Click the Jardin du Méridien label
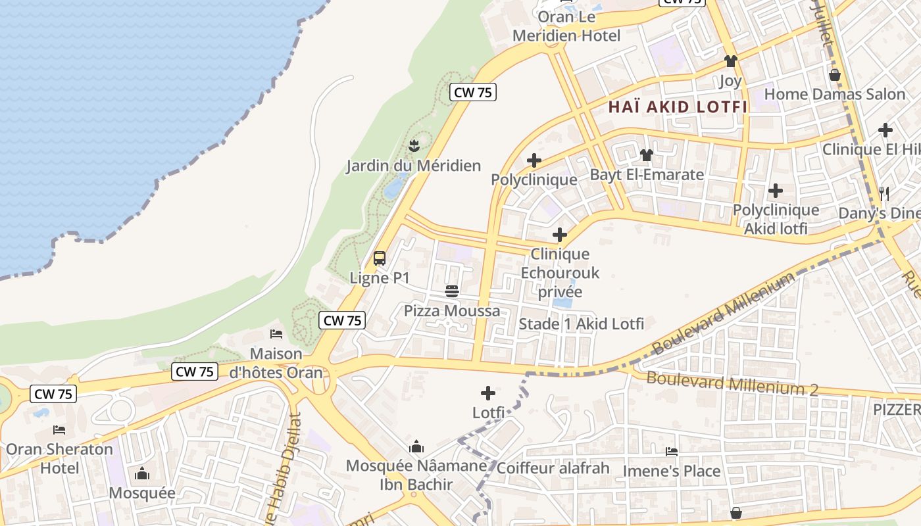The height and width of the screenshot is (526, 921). (414, 166)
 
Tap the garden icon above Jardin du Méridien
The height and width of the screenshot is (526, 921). (414, 144)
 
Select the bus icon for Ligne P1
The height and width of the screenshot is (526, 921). (380, 258)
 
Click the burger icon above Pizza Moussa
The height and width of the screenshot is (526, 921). (452, 291)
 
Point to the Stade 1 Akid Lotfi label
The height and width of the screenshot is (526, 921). (582, 323)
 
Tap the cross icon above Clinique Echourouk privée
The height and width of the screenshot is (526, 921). (560, 235)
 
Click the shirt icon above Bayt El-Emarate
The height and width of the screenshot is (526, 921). (647, 155)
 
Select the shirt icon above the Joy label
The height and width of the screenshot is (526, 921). (730, 61)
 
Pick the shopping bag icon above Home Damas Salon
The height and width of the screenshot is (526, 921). (835, 75)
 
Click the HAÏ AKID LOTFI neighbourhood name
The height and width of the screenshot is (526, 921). (678, 107)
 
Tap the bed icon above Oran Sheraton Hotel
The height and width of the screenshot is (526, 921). (59, 430)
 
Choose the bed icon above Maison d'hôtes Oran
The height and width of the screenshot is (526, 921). (276, 334)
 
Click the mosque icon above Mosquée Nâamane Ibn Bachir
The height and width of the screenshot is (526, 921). (416, 447)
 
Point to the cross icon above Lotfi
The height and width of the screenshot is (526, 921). (488, 393)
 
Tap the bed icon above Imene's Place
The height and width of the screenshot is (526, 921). (672, 452)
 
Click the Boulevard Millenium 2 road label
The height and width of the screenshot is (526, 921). (732, 383)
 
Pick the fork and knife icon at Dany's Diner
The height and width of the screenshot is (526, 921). (884, 193)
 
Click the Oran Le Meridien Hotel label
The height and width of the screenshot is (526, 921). (566, 26)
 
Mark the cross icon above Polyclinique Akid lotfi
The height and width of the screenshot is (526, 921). (776, 191)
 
